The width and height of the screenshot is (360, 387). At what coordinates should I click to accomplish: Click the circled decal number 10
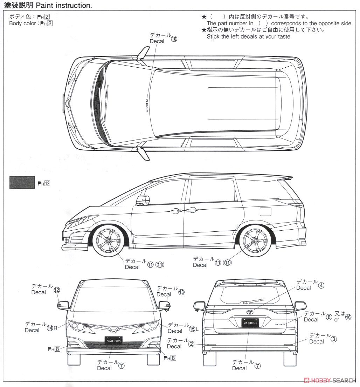[174, 39]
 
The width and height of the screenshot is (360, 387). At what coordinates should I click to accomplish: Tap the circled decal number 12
[57, 290]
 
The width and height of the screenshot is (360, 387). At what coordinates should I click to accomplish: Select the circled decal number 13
[181, 292]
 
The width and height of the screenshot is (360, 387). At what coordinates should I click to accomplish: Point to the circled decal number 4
[321, 285]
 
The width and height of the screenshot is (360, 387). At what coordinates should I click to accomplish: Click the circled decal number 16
[348, 317]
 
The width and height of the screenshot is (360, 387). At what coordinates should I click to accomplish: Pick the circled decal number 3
[334, 339]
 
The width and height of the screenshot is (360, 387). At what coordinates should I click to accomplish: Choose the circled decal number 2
[191, 344]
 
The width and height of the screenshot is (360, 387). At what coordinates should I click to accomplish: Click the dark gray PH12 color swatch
[22, 182]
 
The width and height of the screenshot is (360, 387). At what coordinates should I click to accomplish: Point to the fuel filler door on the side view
[265, 212]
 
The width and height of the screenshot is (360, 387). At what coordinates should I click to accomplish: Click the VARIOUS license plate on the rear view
[250, 323]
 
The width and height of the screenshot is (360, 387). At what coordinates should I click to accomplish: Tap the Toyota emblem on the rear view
[250, 311]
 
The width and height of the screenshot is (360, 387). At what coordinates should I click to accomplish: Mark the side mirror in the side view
[143, 200]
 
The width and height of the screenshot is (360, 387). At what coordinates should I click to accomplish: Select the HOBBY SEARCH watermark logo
[329, 380]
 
